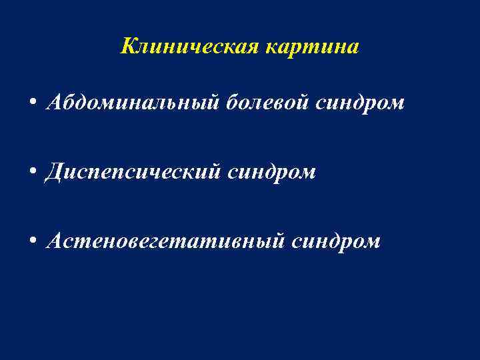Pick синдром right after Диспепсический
[272, 173]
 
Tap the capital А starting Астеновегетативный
[53, 241]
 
